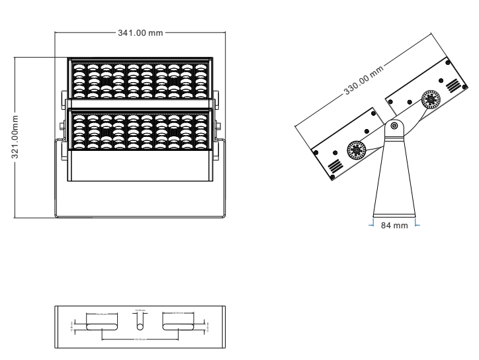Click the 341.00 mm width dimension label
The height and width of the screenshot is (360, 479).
(x=140, y=33)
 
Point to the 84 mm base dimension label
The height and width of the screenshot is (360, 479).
(x=394, y=226)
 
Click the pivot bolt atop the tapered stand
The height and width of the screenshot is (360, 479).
(x=394, y=125)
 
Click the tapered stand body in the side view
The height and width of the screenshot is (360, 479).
(x=394, y=179)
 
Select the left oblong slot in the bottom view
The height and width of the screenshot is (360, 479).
(x=103, y=324)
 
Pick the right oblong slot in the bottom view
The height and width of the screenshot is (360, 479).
(x=178, y=324)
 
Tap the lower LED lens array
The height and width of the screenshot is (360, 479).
(x=140, y=131)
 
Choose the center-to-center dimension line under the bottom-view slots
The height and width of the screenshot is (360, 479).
(x=140, y=339)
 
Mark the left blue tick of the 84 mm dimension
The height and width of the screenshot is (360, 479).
(x=370, y=226)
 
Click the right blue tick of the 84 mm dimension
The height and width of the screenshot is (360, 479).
(x=418, y=226)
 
